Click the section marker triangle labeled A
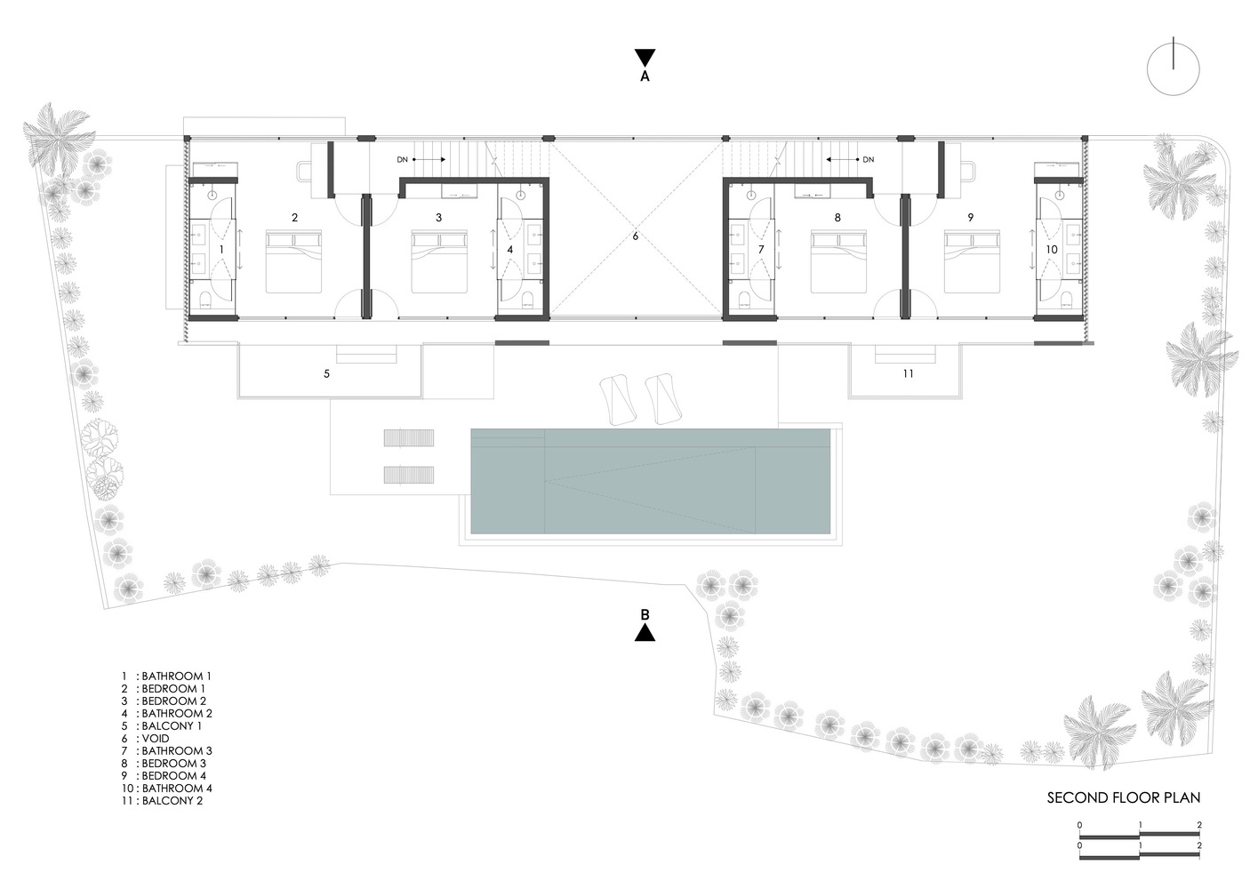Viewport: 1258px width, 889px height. tap(645, 58)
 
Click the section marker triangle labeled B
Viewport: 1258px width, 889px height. tap(645, 632)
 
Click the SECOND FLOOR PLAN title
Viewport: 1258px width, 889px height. tap(1124, 797)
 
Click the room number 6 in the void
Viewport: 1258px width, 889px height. tap(636, 236)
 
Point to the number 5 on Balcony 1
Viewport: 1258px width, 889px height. tap(326, 374)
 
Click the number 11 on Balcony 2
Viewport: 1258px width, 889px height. tap(908, 374)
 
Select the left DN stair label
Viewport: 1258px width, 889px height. tap(403, 160)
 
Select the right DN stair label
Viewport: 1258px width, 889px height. tap(868, 160)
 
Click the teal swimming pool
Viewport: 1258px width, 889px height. tap(650, 481)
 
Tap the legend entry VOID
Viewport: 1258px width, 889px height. tap(155, 738)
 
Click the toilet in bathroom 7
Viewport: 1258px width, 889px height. tap(745, 297)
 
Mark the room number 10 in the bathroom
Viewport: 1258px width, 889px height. tap(1052, 250)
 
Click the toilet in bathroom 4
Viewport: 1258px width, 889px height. tap(526, 297)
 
